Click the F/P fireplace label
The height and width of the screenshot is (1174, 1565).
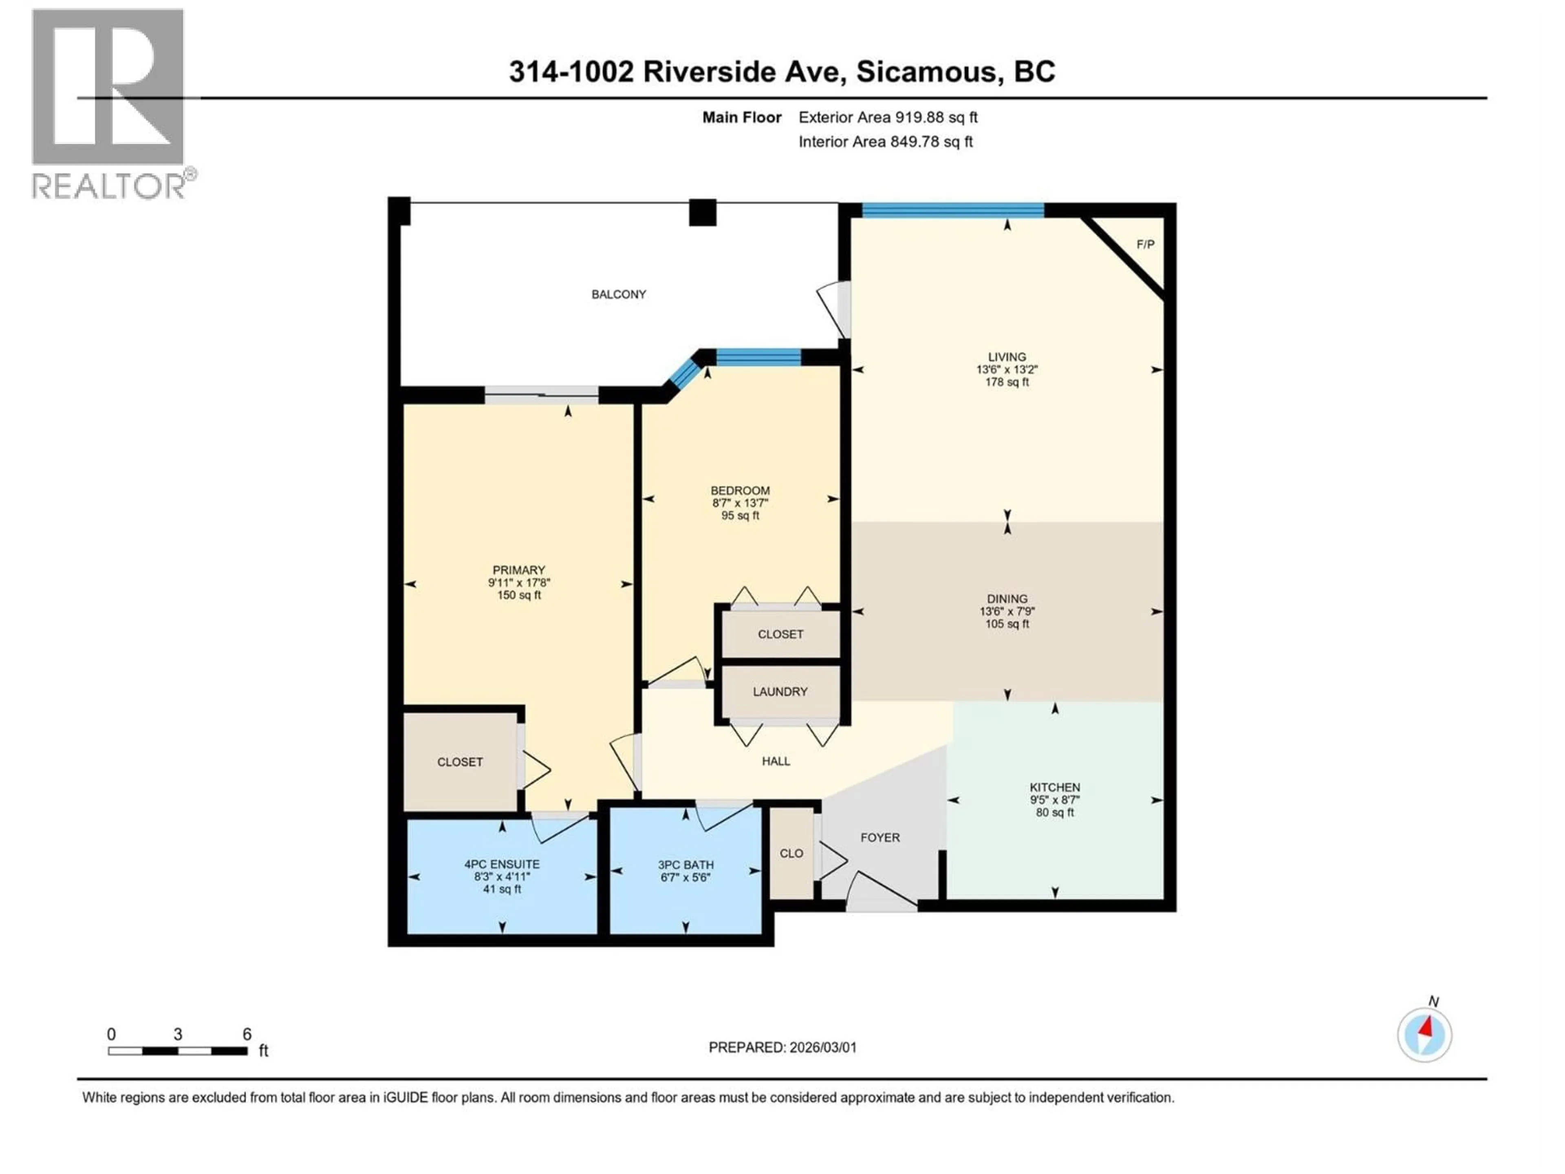[1145, 245]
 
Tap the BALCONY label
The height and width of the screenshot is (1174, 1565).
[618, 294]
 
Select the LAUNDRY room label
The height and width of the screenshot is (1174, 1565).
[780, 691]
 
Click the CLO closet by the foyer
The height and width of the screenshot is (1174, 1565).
[791, 854]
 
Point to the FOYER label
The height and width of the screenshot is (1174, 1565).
[879, 837]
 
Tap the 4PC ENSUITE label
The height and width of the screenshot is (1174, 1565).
[502, 864]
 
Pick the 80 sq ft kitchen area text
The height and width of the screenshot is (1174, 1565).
[1054, 812]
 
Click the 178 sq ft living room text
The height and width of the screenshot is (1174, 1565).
[1006, 382]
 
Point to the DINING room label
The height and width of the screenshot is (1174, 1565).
[1006, 599]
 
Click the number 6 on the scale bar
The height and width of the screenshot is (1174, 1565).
[247, 1034]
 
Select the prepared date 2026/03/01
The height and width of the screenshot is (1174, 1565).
[821, 1047]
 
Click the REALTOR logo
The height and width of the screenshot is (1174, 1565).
[108, 105]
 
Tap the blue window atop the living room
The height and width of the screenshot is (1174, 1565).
[952, 210]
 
